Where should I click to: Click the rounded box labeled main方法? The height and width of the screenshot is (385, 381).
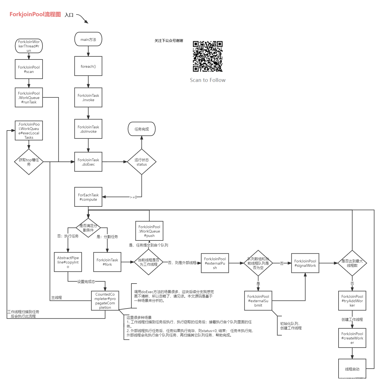[x=88, y=39]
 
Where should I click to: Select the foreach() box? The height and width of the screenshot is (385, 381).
[x=88, y=66]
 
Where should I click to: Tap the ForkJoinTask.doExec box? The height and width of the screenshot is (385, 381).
[x=88, y=162]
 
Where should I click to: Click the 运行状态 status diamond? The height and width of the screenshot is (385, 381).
[x=142, y=162]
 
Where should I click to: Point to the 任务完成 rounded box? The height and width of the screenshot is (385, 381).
[x=142, y=129]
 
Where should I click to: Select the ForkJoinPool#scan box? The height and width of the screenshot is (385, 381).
[x=29, y=69]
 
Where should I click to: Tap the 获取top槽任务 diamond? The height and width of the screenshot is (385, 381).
[x=29, y=162]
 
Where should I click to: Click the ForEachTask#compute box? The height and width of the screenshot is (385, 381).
[x=88, y=197]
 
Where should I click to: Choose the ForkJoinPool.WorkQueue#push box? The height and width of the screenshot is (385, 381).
[x=149, y=231]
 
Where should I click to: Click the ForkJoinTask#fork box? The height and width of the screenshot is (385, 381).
[x=107, y=262]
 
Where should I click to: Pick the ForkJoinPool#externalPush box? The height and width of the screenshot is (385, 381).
[x=215, y=263]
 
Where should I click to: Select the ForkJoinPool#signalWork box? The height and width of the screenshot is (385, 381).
[x=305, y=263]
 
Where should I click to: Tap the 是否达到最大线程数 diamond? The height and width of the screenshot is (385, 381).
[x=352, y=263]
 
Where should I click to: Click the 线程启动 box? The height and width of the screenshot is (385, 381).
[x=352, y=369]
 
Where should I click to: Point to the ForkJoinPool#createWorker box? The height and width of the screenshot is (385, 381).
[x=352, y=338]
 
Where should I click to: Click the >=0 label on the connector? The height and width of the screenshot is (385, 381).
[x=133, y=197]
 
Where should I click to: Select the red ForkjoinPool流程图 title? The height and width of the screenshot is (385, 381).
[x=35, y=14]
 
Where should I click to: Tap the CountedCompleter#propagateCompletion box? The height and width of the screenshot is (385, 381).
[x=105, y=301]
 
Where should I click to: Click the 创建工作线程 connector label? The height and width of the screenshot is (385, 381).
[x=352, y=319]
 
